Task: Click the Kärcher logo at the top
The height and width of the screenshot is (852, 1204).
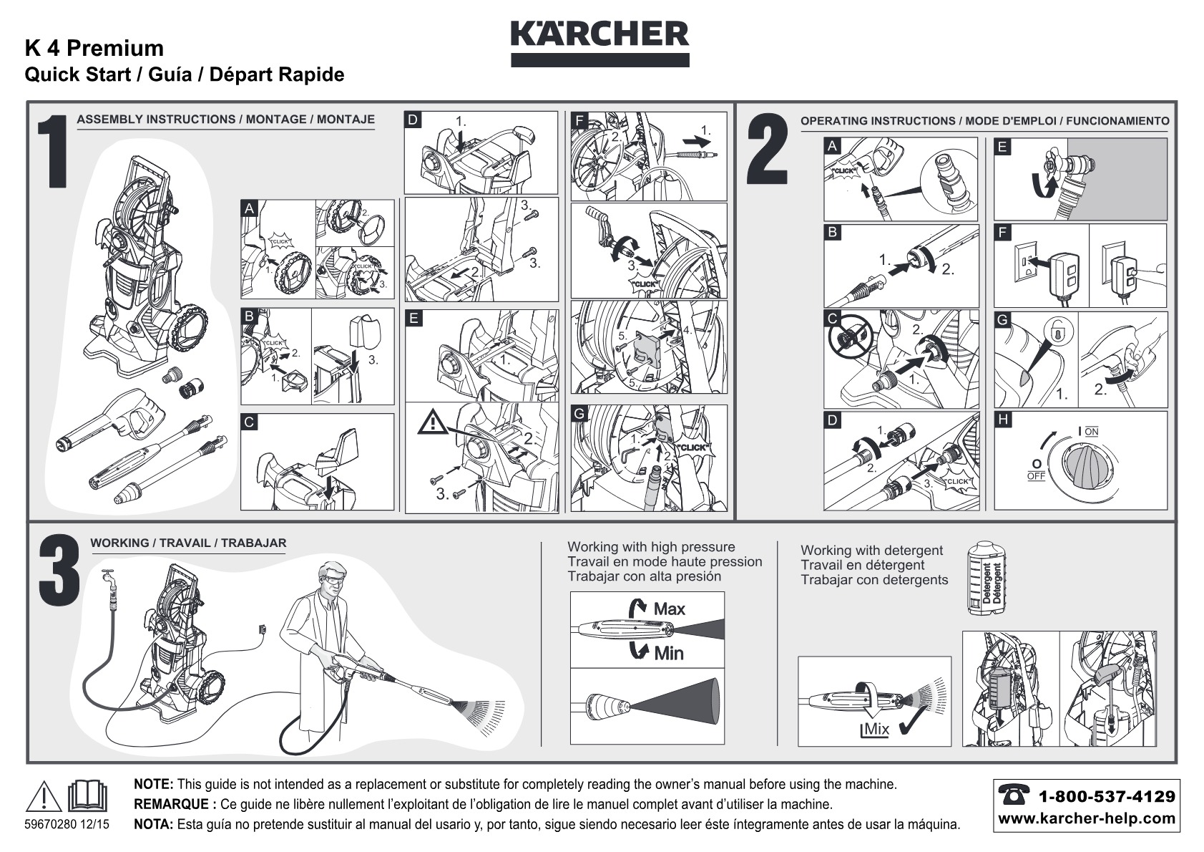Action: click(599, 44)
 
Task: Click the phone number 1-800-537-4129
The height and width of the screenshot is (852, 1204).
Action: click(1107, 797)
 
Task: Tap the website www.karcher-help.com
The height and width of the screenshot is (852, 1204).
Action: click(1086, 819)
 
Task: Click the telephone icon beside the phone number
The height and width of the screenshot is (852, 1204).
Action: click(1014, 795)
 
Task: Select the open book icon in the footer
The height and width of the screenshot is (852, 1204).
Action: click(87, 795)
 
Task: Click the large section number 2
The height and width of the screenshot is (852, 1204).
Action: click(767, 150)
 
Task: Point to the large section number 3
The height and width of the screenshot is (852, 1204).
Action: click(59, 570)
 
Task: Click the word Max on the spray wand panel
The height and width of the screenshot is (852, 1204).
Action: click(669, 609)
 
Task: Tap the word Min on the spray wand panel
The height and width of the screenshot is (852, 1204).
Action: click(669, 654)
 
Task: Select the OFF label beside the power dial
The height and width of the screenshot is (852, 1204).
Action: click(1037, 476)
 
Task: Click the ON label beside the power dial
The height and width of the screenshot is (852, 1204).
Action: click(1091, 432)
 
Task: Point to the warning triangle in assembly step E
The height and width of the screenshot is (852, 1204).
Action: click(433, 421)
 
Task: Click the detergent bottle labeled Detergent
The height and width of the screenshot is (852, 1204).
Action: click(986, 578)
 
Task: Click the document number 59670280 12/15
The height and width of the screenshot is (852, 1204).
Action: click(67, 824)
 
